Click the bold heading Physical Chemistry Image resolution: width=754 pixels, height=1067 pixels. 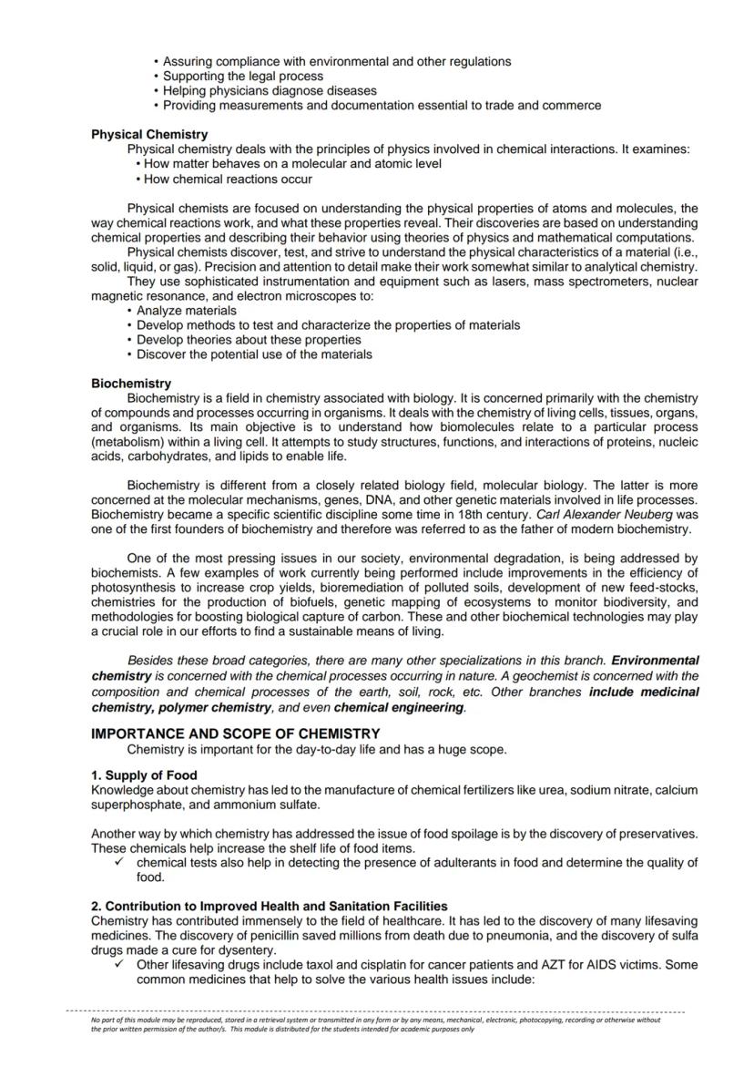tap(149, 134)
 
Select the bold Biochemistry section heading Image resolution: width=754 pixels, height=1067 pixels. tap(131, 384)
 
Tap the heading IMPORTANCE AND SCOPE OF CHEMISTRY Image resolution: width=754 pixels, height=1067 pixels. tap(235, 734)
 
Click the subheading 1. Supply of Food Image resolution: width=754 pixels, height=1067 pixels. tap(144, 775)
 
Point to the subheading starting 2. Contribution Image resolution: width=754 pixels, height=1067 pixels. tap(269, 906)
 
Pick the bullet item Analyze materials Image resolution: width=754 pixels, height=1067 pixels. tap(173, 311)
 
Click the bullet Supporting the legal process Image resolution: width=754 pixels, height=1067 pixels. tap(242, 77)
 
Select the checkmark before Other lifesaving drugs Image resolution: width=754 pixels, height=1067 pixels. tap(122, 964)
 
